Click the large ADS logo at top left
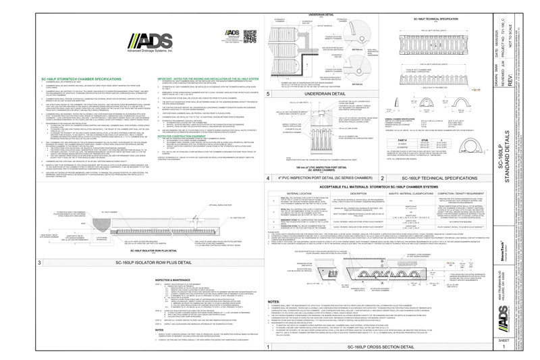pyautogui.click(x=151, y=41)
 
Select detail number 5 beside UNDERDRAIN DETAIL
pyautogui.click(x=269, y=93)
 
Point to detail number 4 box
pyautogui.click(x=269, y=178)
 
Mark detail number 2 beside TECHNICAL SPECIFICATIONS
pyautogui.click(x=383, y=178)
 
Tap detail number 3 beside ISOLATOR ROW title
pyautogui.click(x=40, y=262)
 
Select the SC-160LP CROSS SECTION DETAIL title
pyautogui.click(x=381, y=346)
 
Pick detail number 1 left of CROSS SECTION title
pyautogui.click(x=269, y=346)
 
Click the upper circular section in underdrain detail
pyautogui.click(x=358, y=31)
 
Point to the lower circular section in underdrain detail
pyautogui.click(x=358, y=69)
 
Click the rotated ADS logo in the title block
pyautogui.click(x=503, y=314)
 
